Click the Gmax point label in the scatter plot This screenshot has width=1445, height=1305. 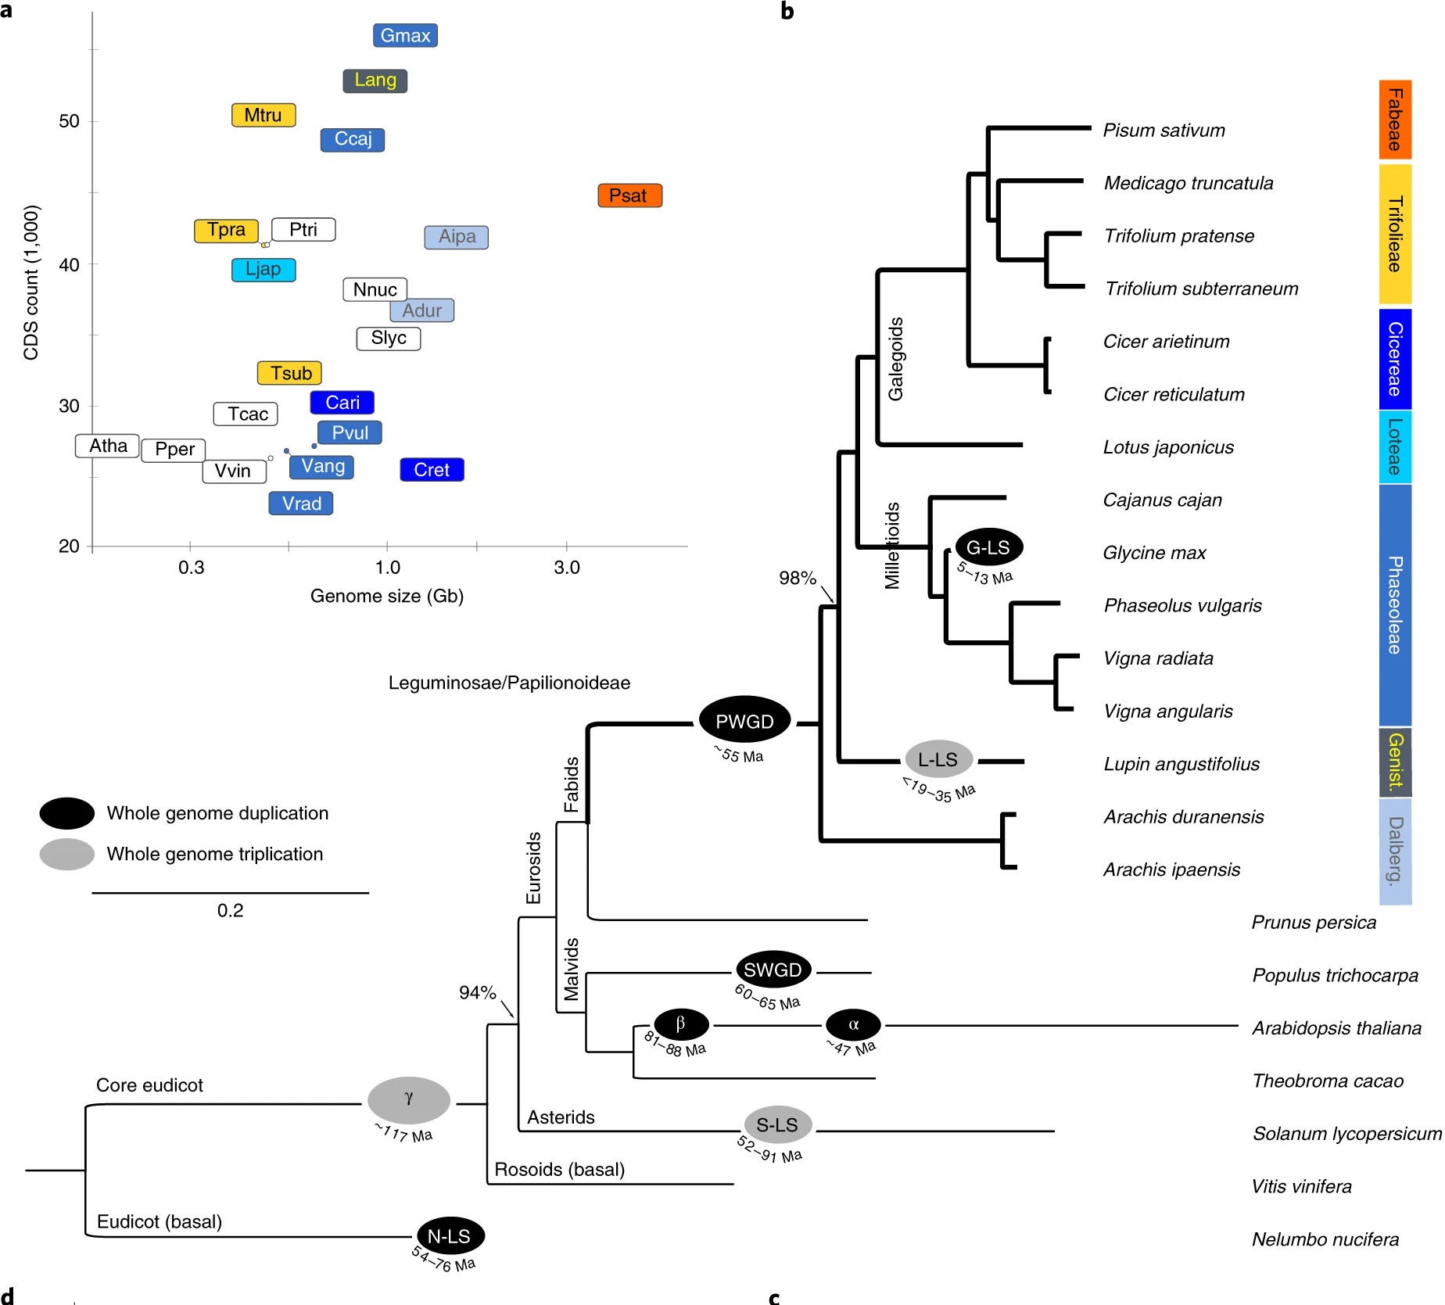[x=405, y=36]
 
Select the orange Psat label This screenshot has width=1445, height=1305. [x=629, y=195]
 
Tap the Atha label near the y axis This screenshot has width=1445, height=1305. [x=108, y=446]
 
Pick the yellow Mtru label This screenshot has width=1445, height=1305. [x=264, y=115]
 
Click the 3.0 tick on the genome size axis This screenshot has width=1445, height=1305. [x=567, y=568]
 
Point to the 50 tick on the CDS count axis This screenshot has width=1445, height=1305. [x=70, y=121]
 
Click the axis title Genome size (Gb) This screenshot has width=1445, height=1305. [x=387, y=597]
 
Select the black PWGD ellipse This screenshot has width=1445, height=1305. [x=744, y=721]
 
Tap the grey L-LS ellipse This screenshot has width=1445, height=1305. [x=938, y=759]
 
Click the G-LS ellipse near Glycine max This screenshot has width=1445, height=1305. [x=988, y=547]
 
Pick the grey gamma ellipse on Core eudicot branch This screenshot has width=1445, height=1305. [x=409, y=1099]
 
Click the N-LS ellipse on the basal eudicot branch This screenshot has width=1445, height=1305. [x=450, y=1236]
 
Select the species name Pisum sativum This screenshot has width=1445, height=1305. [x=1164, y=131]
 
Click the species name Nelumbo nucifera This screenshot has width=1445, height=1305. [x=1325, y=1239]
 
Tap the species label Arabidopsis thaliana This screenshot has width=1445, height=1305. [x=1336, y=1028]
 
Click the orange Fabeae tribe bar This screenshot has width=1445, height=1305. [x=1394, y=120]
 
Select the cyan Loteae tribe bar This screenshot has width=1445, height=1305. [x=1394, y=446]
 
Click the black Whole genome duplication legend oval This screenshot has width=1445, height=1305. [x=67, y=813]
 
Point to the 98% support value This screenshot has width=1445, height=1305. [x=797, y=578]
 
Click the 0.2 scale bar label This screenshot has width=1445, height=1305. [x=230, y=911]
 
